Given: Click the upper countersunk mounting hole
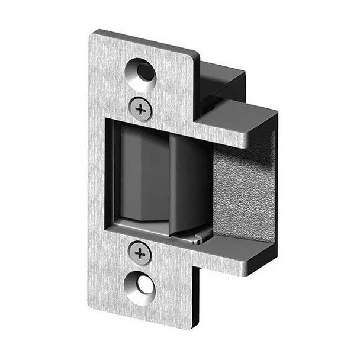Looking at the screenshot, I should tap(142, 73).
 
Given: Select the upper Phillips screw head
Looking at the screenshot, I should tap(140, 108).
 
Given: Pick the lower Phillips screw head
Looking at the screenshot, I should tap(140, 254).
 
